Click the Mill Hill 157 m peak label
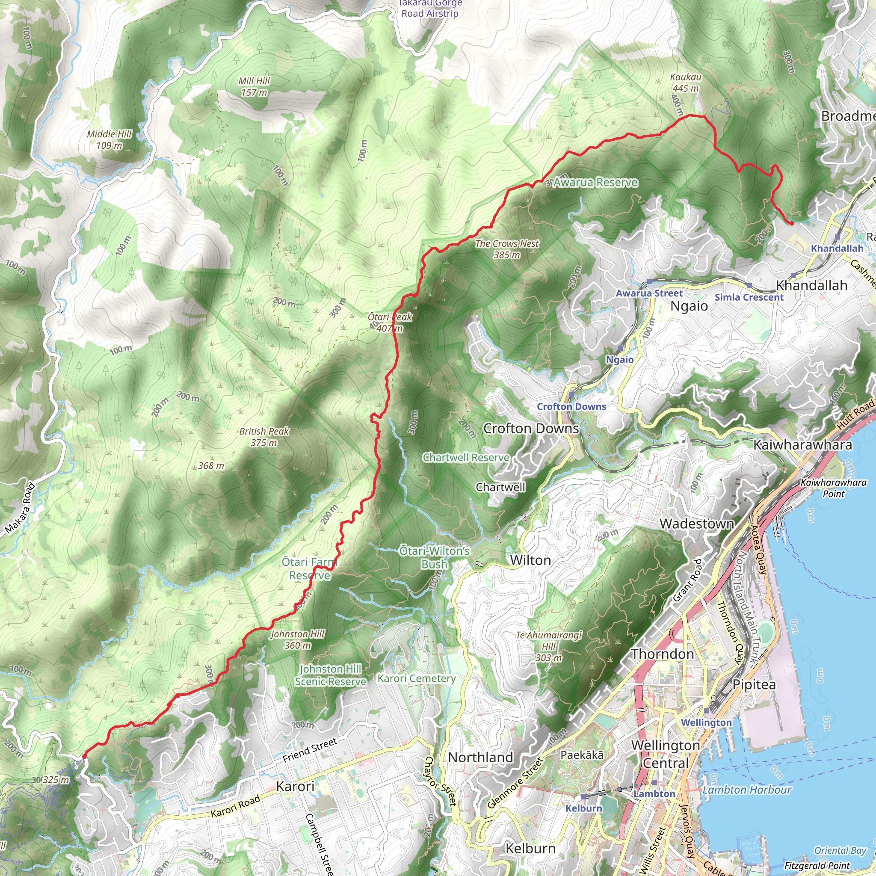point(255,86)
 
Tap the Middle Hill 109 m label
point(109,139)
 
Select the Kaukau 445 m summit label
point(686,83)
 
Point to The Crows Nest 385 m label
point(507,249)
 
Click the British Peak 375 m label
point(264,437)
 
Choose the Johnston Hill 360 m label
point(297,639)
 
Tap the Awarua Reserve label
point(595,183)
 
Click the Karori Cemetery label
point(416,678)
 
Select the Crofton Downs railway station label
point(571,406)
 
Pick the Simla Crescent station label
point(749,297)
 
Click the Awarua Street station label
point(649,293)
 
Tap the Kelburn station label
point(583,808)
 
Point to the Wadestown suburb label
point(696,524)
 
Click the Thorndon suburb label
point(663,654)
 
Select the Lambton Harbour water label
point(747,790)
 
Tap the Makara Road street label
point(21,508)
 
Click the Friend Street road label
point(310,750)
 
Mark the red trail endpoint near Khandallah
point(792,223)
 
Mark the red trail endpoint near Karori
point(84,757)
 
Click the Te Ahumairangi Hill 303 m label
point(549,646)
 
